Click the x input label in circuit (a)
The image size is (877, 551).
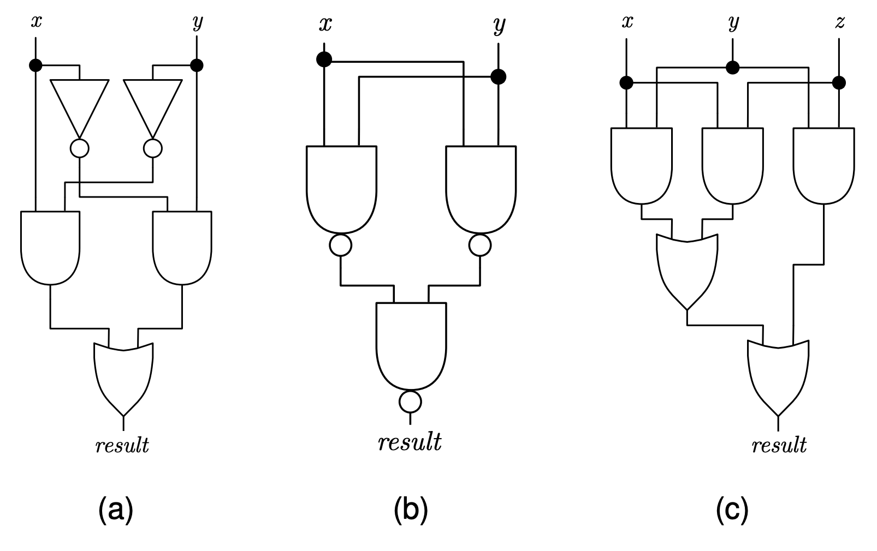coord(36,22)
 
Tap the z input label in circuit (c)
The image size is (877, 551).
coord(840,22)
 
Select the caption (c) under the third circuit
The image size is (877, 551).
coord(732,510)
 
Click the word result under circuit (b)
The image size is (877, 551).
coord(410,442)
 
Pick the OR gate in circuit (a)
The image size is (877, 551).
coord(123,376)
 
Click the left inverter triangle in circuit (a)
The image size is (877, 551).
coord(79,104)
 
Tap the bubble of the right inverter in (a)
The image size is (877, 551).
coord(153,148)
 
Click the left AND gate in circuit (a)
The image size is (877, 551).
coord(50,245)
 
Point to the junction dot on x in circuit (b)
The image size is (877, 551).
coord(324,59)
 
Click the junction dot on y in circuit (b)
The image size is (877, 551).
coord(498,77)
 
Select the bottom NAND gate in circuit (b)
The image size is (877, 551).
coord(411,344)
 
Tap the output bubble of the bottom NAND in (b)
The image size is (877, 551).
coord(410,402)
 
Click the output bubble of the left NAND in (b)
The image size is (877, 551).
coord(341,245)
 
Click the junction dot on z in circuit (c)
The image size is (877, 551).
coord(839,83)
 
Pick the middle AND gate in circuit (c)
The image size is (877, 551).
coord(732,164)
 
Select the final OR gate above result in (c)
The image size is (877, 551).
coord(778,376)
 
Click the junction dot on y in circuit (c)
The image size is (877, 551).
coord(732,68)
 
